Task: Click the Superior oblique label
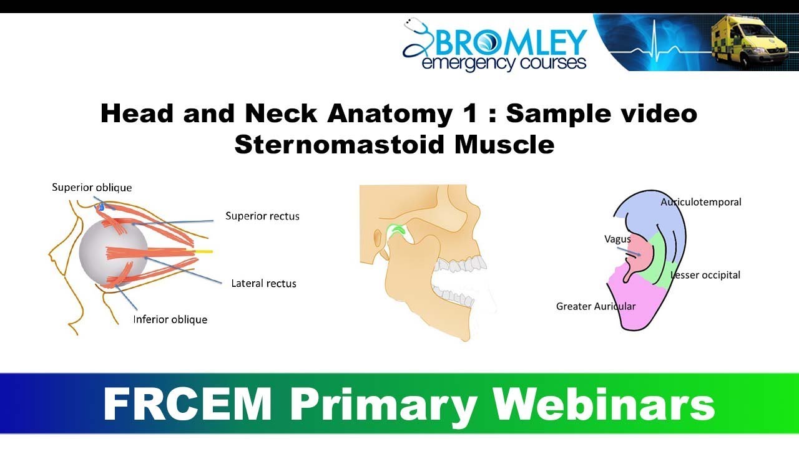[x=92, y=187]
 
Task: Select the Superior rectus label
[x=262, y=216]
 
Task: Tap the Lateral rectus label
[x=263, y=283]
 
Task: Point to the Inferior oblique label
[x=170, y=319]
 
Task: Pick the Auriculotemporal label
[x=701, y=202]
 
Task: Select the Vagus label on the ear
[x=617, y=239]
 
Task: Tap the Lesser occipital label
[x=705, y=275]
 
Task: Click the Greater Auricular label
[x=596, y=306]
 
